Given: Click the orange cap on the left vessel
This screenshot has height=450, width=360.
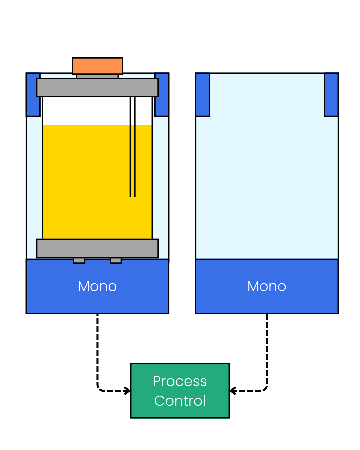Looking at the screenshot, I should [97, 66].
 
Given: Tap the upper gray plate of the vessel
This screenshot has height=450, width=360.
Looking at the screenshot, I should [97, 88].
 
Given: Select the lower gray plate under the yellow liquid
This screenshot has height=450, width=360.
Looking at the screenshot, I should [97, 248].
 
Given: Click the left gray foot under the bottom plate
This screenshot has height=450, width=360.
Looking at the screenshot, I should [79, 261].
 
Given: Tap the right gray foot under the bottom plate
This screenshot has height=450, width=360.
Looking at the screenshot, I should [116, 261].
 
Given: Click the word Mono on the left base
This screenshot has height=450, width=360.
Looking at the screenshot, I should [97, 286].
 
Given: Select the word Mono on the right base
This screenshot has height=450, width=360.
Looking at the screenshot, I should [267, 286].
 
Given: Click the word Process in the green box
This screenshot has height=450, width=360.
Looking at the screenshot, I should [180, 381].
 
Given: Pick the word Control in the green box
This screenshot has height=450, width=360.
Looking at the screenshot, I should [180, 401].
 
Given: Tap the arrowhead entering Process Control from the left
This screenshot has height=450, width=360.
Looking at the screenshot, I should [127, 391].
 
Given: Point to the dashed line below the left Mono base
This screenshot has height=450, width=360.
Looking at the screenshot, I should [97, 350].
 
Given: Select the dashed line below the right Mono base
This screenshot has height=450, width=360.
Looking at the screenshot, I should [267, 350].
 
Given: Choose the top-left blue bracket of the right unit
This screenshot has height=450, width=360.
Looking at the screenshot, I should [203, 95].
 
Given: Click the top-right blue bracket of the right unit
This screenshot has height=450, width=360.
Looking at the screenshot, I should [331, 95].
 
